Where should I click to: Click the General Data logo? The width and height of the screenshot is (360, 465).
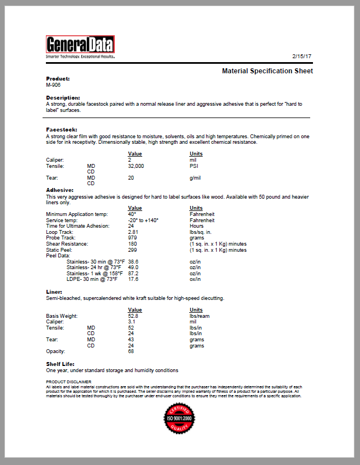pyautogui.click(x=80, y=45)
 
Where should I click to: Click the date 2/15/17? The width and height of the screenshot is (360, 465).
pyautogui.click(x=302, y=57)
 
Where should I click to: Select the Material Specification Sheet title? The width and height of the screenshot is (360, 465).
pyautogui.click(x=267, y=71)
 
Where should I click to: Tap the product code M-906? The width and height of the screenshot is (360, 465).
pyautogui.click(x=53, y=84)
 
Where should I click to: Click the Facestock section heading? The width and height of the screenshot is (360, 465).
pyautogui.click(x=62, y=130)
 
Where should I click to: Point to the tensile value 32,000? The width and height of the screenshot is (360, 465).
pyautogui.click(x=136, y=166)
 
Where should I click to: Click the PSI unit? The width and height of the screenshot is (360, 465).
pyautogui.click(x=194, y=166)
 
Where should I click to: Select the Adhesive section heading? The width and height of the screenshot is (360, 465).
pyautogui.click(x=59, y=190)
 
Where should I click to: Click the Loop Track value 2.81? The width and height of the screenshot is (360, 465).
pyautogui.click(x=133, y=231)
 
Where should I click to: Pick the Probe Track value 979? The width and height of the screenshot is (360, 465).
pyautogui.click(x=133, y=237)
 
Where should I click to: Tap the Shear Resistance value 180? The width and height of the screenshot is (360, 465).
pyautogui.click(x=133, y=243)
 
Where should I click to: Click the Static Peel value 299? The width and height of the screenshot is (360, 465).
pyautogui.click(x=133, y=250)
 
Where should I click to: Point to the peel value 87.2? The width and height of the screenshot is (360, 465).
pyautogui.click(x=133, y=273)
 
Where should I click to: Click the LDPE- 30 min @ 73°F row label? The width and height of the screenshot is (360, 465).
pyautogui.click(x=92, y=279)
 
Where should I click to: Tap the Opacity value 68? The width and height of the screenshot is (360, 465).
pyautogui.click(x=131, y=351)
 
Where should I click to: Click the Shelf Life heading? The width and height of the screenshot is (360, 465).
pyautogui.click(x=60, y=364)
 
